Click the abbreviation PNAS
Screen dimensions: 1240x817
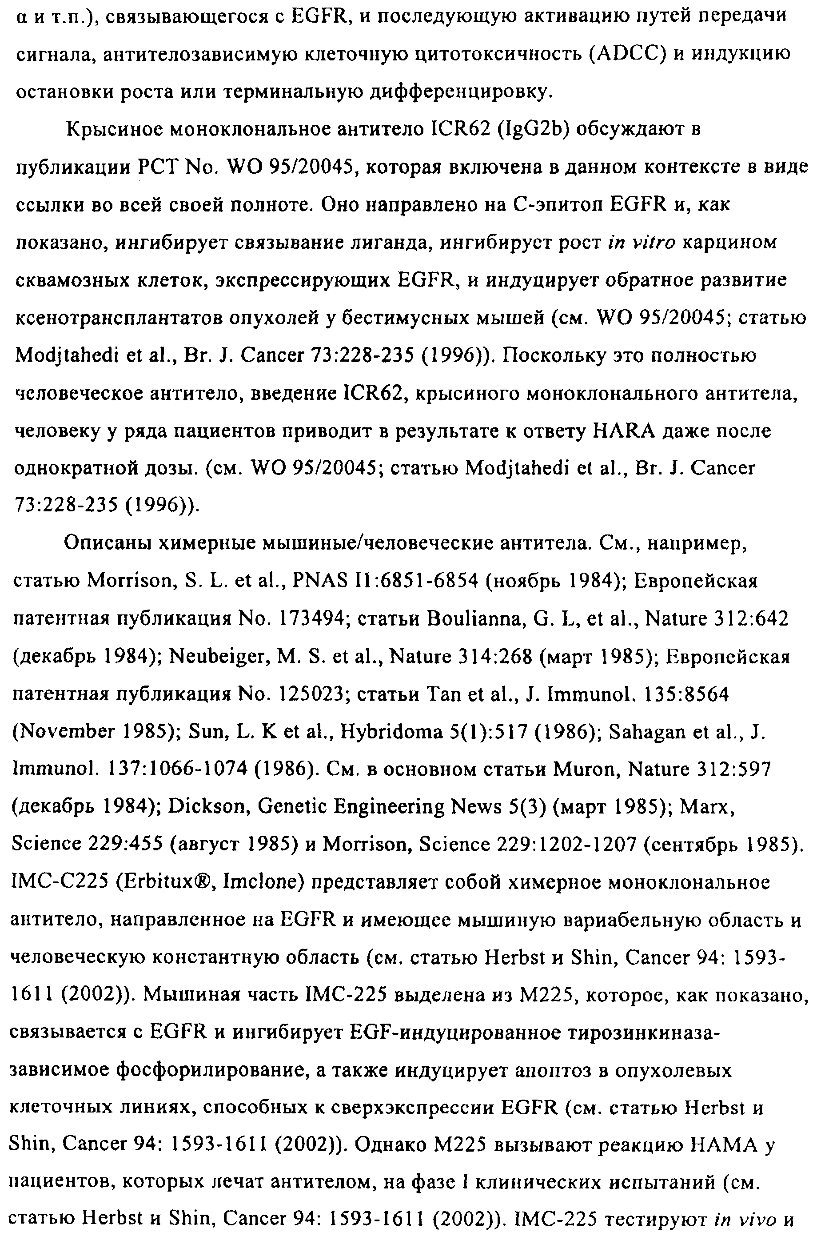click(319, 582)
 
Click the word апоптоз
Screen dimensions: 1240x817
click(552, 1071)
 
